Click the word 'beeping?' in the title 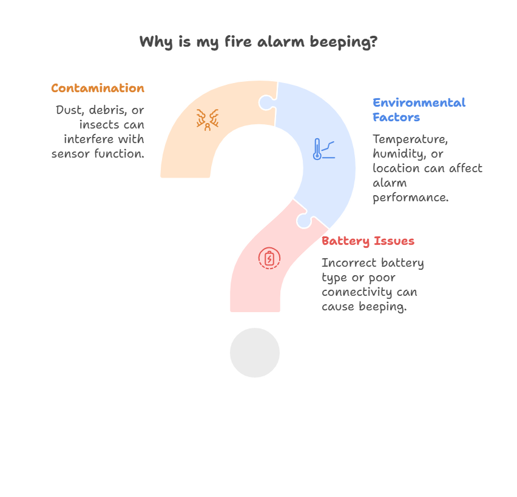(344, 42)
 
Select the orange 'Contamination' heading (98, 88)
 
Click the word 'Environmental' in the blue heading (419, 102)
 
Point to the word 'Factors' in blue (396, 117)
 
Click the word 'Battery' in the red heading (345, 241)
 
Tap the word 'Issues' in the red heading (394, 241)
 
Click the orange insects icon (208, 119)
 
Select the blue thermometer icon (324, 149)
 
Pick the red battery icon (269, 258)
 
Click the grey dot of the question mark (255, 352)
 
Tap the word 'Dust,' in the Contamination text (69, 110)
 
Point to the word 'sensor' (70, 154)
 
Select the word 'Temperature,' (410, 139)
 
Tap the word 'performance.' (410, 198)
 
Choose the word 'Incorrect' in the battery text (349, 263)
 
